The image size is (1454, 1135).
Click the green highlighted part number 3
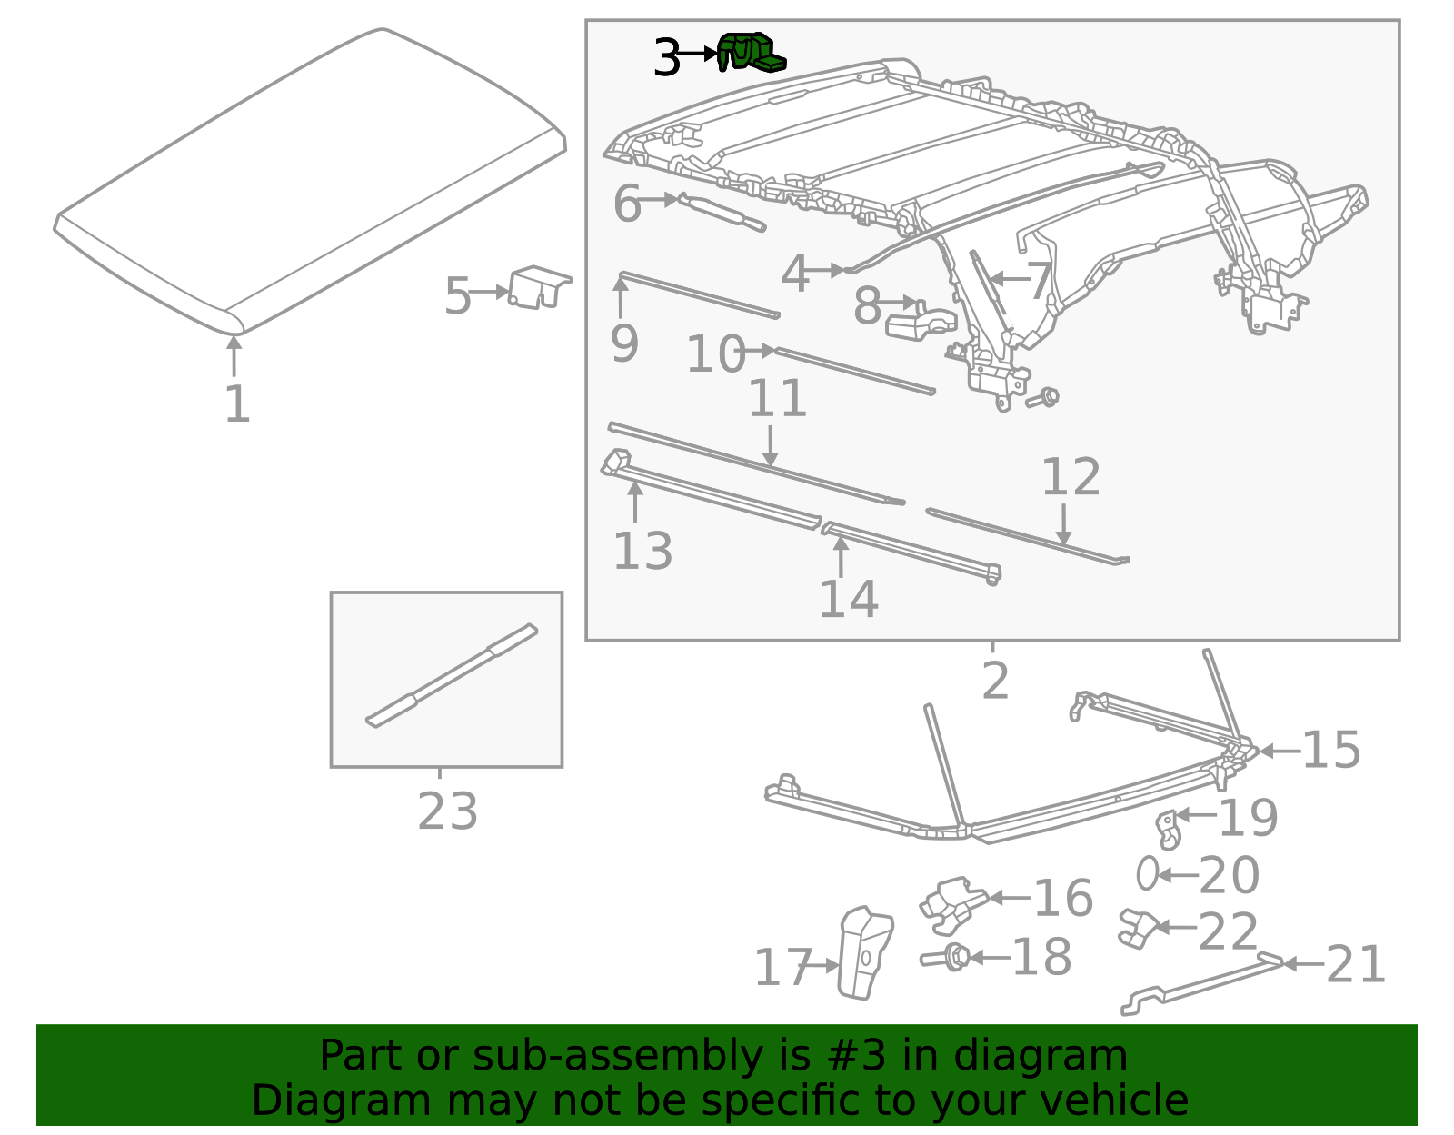751,52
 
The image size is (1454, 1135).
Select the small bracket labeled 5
538,288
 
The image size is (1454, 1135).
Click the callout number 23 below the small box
447,811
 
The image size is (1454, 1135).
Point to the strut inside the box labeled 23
452,674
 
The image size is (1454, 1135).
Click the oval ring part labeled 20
1147,873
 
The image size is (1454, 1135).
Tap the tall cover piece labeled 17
864,952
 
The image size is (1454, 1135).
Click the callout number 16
1062,898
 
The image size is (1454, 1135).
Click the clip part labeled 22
1135,928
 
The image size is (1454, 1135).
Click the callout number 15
1330,750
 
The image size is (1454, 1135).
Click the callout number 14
848,599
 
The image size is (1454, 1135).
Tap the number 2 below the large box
995,681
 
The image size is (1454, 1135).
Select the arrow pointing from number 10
759,351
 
